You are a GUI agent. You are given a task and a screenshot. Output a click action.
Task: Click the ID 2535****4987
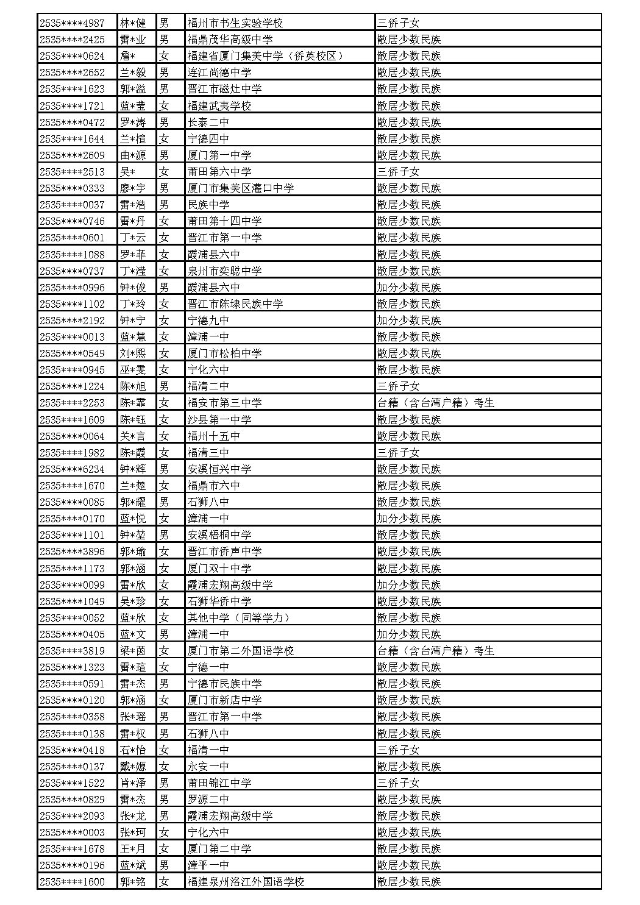(x=71, y=23)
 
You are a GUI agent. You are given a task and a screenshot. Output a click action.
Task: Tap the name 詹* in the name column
(x=127, y=56)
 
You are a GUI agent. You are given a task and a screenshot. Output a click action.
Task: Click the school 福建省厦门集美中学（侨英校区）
(x=266, y=56)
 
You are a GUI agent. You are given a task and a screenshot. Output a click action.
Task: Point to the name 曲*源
(x=133, y=155)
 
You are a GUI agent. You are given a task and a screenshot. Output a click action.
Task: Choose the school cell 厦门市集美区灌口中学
(x=241, y=188)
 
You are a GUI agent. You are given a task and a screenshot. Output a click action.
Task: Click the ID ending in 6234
(x=71, y=469)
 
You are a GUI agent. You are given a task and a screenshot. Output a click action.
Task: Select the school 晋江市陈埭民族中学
(x=235, y=304)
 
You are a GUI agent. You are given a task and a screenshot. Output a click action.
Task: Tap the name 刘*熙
(x=133, y=353)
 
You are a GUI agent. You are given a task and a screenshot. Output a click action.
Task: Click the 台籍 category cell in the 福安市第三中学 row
(x=436, y=403)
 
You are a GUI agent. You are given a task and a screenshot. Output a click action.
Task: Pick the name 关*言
(x=133, y=436)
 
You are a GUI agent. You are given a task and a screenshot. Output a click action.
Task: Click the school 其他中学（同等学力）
(x=238, y=618)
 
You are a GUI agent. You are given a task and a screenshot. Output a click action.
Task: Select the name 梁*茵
(x=133, y=651)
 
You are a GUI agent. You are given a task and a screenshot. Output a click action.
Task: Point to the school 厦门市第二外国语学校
(x=241, y=651)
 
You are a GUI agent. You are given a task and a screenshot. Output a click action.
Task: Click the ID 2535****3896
(x=71, y=552)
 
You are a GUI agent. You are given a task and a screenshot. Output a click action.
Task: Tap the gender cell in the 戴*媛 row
(x=164, y=767)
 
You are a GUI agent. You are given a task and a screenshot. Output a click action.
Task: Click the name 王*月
(x=133, y=849)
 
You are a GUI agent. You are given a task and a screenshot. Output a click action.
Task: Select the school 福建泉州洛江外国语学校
(x=246, y=882)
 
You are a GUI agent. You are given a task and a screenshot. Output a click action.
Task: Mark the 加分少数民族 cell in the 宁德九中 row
(x=409, y=321)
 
